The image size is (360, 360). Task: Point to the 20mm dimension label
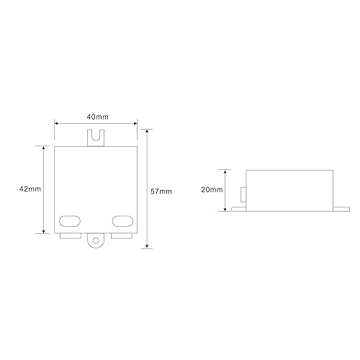[212, 189]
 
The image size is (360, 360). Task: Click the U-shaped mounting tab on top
[95, 136]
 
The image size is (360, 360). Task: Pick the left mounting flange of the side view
[238, 210]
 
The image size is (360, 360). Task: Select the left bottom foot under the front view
[70, 235]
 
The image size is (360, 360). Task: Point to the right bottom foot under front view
[120, 235]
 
